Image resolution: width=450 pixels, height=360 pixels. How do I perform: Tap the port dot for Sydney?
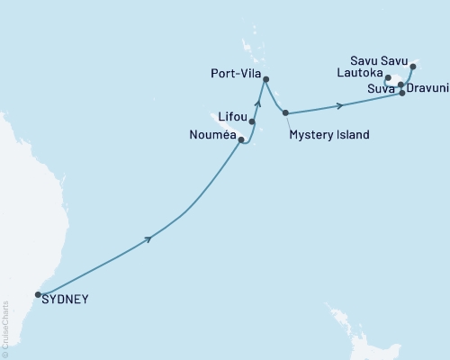38,294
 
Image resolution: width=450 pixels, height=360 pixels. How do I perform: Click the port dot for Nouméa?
241,139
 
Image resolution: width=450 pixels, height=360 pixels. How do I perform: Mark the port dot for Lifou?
252,121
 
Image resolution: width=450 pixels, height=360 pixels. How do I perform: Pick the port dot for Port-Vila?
265,79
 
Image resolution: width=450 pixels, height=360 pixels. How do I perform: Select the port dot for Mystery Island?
285,112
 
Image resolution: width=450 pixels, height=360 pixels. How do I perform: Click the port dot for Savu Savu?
413,66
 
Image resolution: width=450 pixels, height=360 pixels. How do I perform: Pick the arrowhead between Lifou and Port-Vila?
258,102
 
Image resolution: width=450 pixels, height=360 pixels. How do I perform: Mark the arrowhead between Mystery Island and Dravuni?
340,105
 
